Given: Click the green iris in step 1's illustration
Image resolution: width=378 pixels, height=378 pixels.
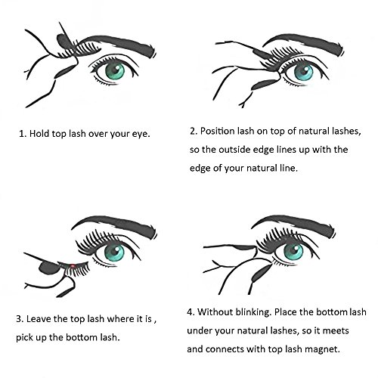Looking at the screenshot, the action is pos(115,71).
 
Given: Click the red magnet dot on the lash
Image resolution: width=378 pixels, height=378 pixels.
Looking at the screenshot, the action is pos(73,266).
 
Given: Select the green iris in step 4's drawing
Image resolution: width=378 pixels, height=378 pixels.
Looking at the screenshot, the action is pos(293,252).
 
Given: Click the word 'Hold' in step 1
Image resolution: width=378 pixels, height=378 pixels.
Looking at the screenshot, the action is pos(39,134).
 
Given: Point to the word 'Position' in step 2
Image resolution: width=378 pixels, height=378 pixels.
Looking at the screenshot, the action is pos(218,132).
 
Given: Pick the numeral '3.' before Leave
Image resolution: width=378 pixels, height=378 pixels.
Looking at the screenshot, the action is pos(20,319).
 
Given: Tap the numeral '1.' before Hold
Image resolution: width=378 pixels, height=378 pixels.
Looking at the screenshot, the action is pos(23,134).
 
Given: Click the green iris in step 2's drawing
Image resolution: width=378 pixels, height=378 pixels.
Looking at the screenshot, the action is pos(304,72).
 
